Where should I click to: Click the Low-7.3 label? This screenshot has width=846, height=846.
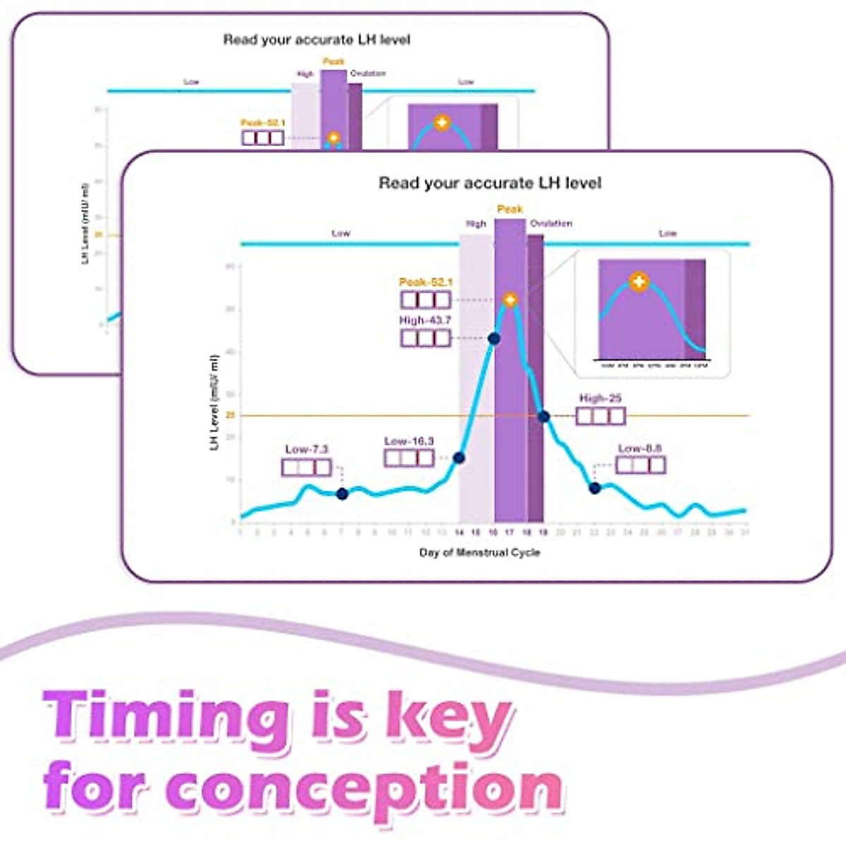click(x=307, y=449)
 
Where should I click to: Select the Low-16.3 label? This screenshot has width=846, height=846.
click(x=409, y=441)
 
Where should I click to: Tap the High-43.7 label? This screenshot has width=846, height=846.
click(x=425, y=320)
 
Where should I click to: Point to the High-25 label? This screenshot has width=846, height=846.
click(x=600, y=398)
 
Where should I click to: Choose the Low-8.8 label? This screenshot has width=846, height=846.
click(x=639, y=448)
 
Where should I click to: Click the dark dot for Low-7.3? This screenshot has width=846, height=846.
click(x=342, y=494)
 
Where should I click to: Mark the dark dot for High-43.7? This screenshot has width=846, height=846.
click(x=494, y=338)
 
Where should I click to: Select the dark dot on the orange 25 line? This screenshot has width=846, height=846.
click(x=544, y=417)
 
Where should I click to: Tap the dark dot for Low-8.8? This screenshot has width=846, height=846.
click(x=594, y=488)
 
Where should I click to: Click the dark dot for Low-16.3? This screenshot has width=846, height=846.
click(x=459, y=458)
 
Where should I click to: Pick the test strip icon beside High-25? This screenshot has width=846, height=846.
click(x=601, y=416)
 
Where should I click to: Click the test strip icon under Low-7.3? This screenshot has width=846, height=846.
click(x=306, y=467)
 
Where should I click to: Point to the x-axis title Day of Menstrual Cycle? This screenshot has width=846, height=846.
click(x=479, y=552)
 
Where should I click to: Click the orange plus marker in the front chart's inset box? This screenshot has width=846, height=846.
click(x=639, y=282)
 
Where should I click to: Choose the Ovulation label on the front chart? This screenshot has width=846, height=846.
click(x=551, y=223)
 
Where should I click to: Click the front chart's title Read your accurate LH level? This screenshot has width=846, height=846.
click(x=490, y=183)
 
